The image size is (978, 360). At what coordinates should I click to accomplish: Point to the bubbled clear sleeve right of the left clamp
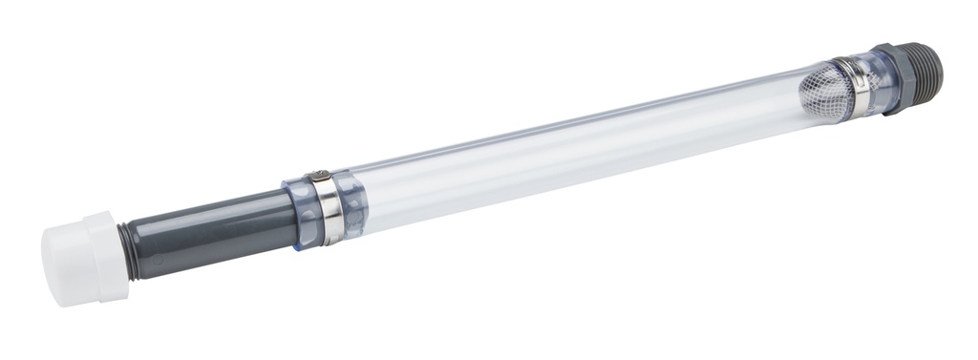353,204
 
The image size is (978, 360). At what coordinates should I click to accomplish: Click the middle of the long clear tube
573,153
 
